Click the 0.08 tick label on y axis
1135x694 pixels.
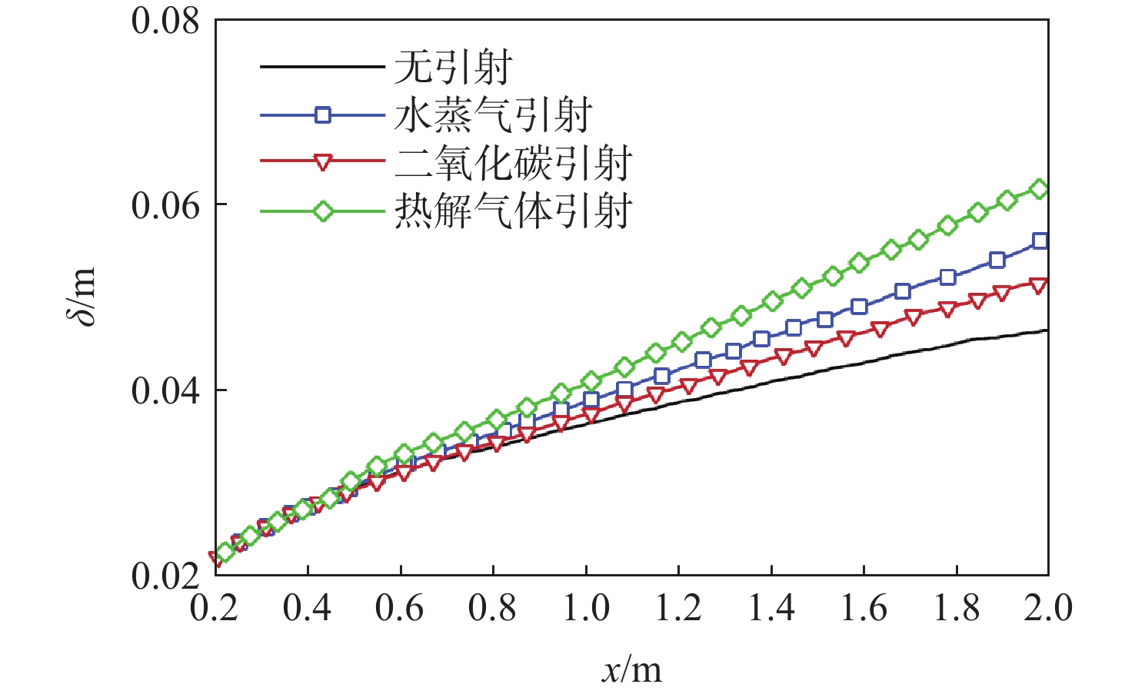coord(165,21)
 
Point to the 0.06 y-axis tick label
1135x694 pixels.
coord(165,206)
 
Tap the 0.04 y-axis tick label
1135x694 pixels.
coord(165,391)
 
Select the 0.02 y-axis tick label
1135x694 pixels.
coord(165,576)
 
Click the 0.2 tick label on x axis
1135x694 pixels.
coord(214,609)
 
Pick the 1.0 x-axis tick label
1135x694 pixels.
coord(586,609)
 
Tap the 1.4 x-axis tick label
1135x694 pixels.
coord(771,609)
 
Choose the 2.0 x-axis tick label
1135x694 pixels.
coord(1048,609)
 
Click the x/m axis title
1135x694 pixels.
coord(631,670)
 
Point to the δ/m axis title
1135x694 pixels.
coord(83,297)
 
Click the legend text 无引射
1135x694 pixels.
coord(453,68)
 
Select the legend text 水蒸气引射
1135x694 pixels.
coord(493,115)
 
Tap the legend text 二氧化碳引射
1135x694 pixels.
coord(513,162)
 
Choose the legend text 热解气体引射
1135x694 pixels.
coord(513,210)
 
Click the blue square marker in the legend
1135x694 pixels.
coord(323,115)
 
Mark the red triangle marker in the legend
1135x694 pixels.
coord(323,162)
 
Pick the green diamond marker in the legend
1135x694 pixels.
coord(323,211)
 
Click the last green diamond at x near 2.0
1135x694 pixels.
coord(1039,189)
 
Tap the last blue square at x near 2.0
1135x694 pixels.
coord(1040,241)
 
